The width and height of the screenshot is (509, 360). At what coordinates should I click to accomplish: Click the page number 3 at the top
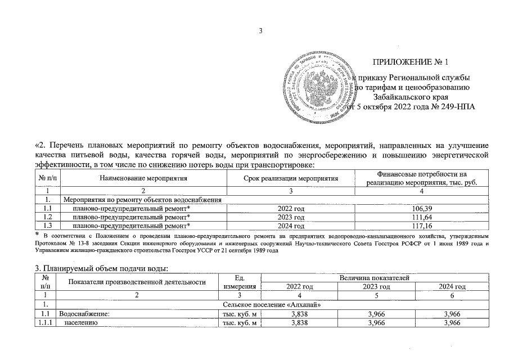pyautogui.click(x=260, y=30)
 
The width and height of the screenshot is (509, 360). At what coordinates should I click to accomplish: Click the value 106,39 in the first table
pyautogui.click(x=421, y=208)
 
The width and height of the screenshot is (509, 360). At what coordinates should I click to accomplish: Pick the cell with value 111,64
pyautogui.click(x=421, y=217)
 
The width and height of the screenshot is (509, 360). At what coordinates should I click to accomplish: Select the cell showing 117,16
pyautogui.click(x=421, y=225)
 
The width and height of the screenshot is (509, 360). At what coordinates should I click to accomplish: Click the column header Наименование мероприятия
pyautogui.click(x=143, y=178)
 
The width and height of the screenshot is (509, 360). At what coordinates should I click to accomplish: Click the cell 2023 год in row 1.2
pyautogui.click(x=291, y=217)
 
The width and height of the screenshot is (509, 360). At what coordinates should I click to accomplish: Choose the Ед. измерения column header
pyautogui.click(x=240, y=282)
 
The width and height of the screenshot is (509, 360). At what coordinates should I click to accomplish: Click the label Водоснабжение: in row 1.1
pyautogui.click(x=84, y=314)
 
